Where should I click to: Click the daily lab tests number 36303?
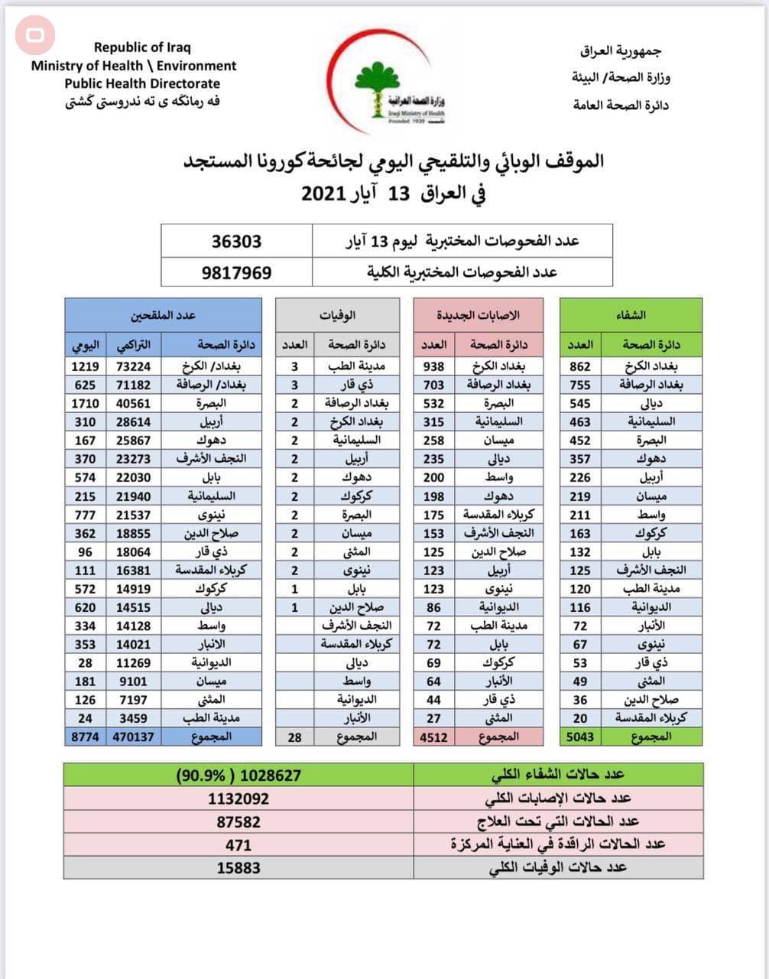(x=236, y=242)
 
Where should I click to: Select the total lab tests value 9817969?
(x=236, y=272)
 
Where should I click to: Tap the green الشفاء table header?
(x=631, y=315)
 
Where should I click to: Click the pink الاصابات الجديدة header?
(x=478, y=315)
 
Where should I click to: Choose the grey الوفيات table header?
(x=337, y=315)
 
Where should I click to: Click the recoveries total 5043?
(x=580, y=737)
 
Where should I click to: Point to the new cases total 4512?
(x=433, y=737)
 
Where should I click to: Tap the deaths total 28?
(x=294, y=737)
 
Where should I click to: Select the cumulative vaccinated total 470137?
(x=134, y=737)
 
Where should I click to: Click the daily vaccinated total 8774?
(x=85, y=737)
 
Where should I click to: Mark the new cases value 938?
(x=433, y=366)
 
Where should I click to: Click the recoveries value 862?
(x=580, y=366)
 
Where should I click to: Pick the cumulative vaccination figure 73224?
(x=134, y=366)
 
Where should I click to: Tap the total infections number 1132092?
(x=238, y=798)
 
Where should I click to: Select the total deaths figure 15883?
(x=238, y=867)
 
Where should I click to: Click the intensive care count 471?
(x=238, y=844)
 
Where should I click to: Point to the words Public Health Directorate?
(x=142, y=84)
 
